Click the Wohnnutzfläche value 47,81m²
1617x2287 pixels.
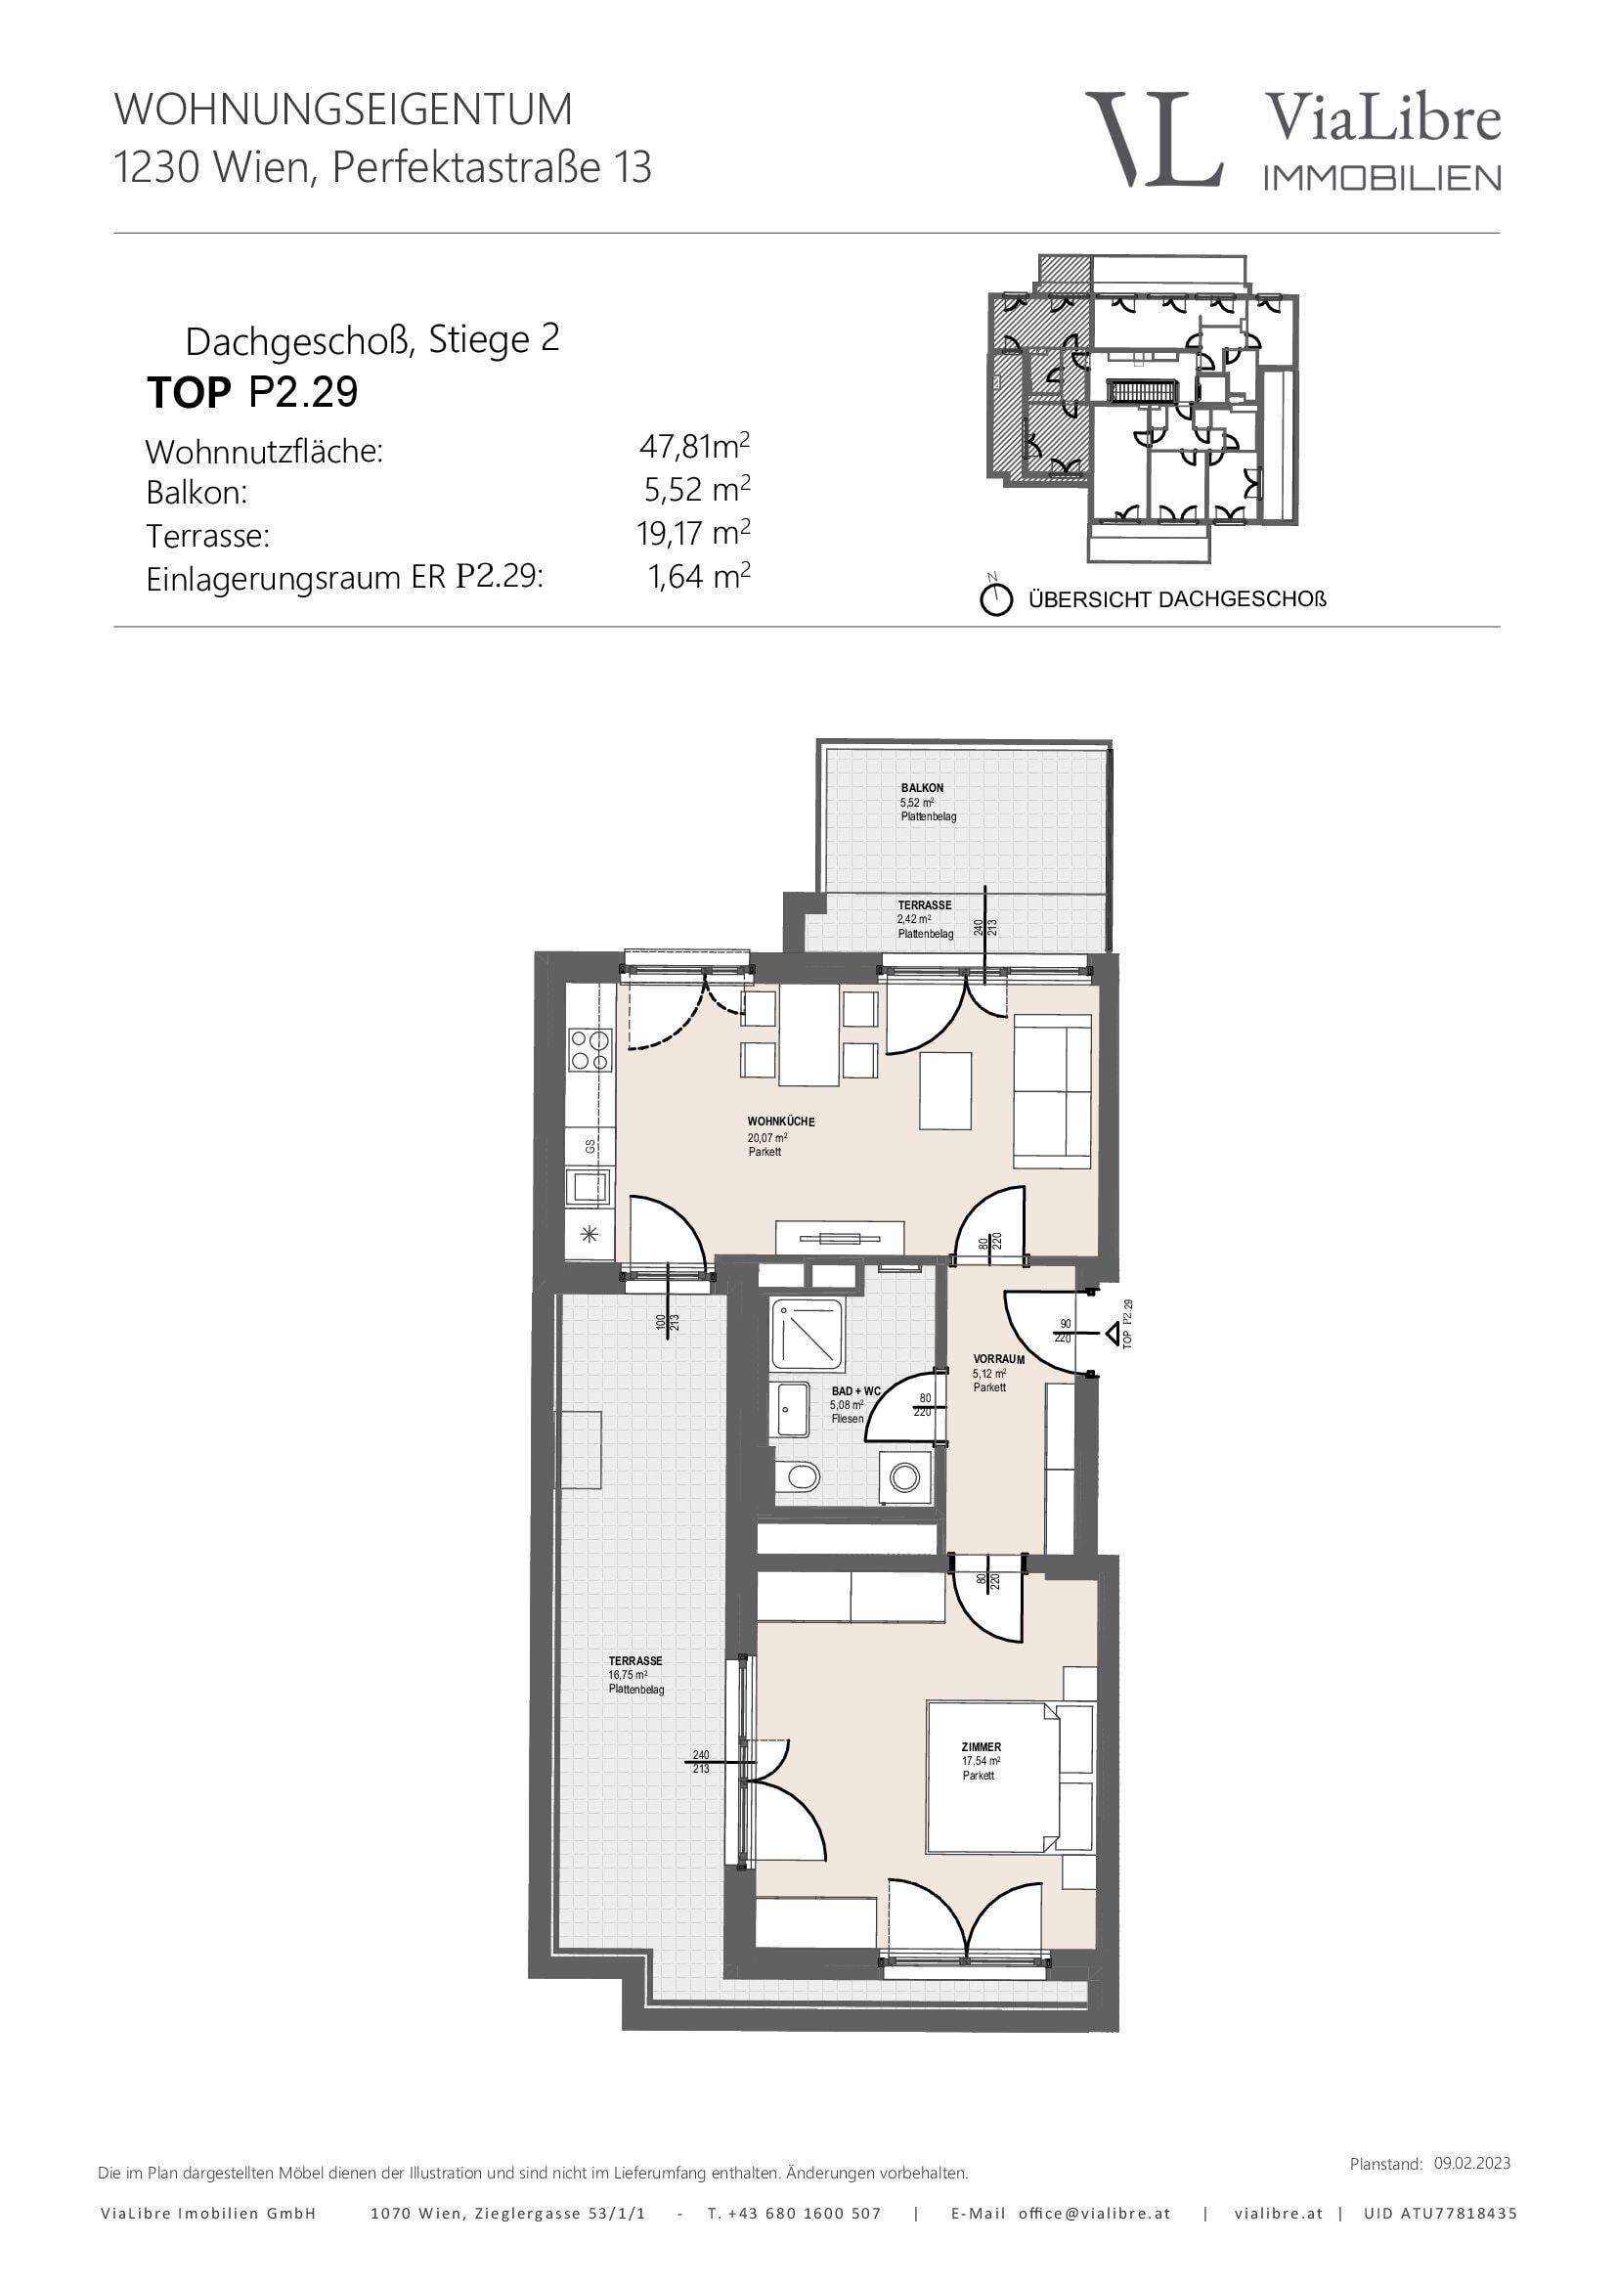694,445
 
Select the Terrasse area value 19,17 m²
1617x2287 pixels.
693,533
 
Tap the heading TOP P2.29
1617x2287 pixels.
252,392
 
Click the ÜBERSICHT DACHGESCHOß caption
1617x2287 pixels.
1177,599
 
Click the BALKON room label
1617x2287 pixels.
922,788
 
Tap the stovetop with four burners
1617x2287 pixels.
589,1049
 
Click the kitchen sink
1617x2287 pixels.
589,1187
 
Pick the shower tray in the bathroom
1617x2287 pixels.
808,1334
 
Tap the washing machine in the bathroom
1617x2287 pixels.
905,1476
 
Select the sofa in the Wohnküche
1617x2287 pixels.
1053,1091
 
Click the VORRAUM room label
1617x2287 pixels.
999,1359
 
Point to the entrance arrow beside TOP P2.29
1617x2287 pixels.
1114,1333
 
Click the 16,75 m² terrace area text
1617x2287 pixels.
628,1674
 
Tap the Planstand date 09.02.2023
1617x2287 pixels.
1471,2163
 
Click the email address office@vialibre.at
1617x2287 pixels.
1094,2214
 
